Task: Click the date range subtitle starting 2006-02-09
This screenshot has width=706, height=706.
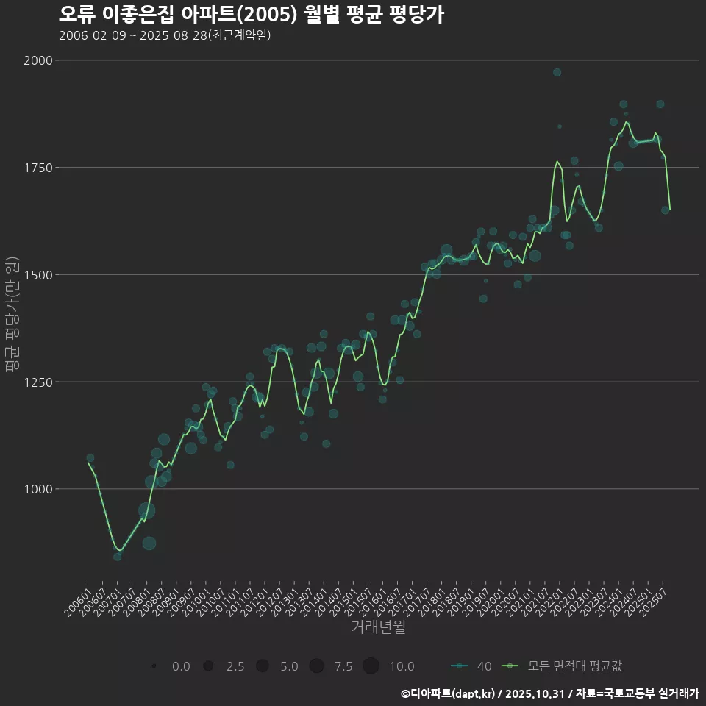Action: tap(165, 35)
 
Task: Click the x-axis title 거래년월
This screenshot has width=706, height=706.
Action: tap(378, 627)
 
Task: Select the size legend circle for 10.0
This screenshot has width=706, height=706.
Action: tap(371, 666)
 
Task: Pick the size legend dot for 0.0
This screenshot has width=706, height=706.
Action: tap(154, 666)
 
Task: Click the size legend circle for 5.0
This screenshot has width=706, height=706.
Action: tap(263, 666)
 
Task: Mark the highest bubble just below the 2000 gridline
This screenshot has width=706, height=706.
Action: tap(557, 72)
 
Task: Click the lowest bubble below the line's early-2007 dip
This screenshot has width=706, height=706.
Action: tap(118, 557)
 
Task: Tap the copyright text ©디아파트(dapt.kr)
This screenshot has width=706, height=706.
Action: tap(448, 693)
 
